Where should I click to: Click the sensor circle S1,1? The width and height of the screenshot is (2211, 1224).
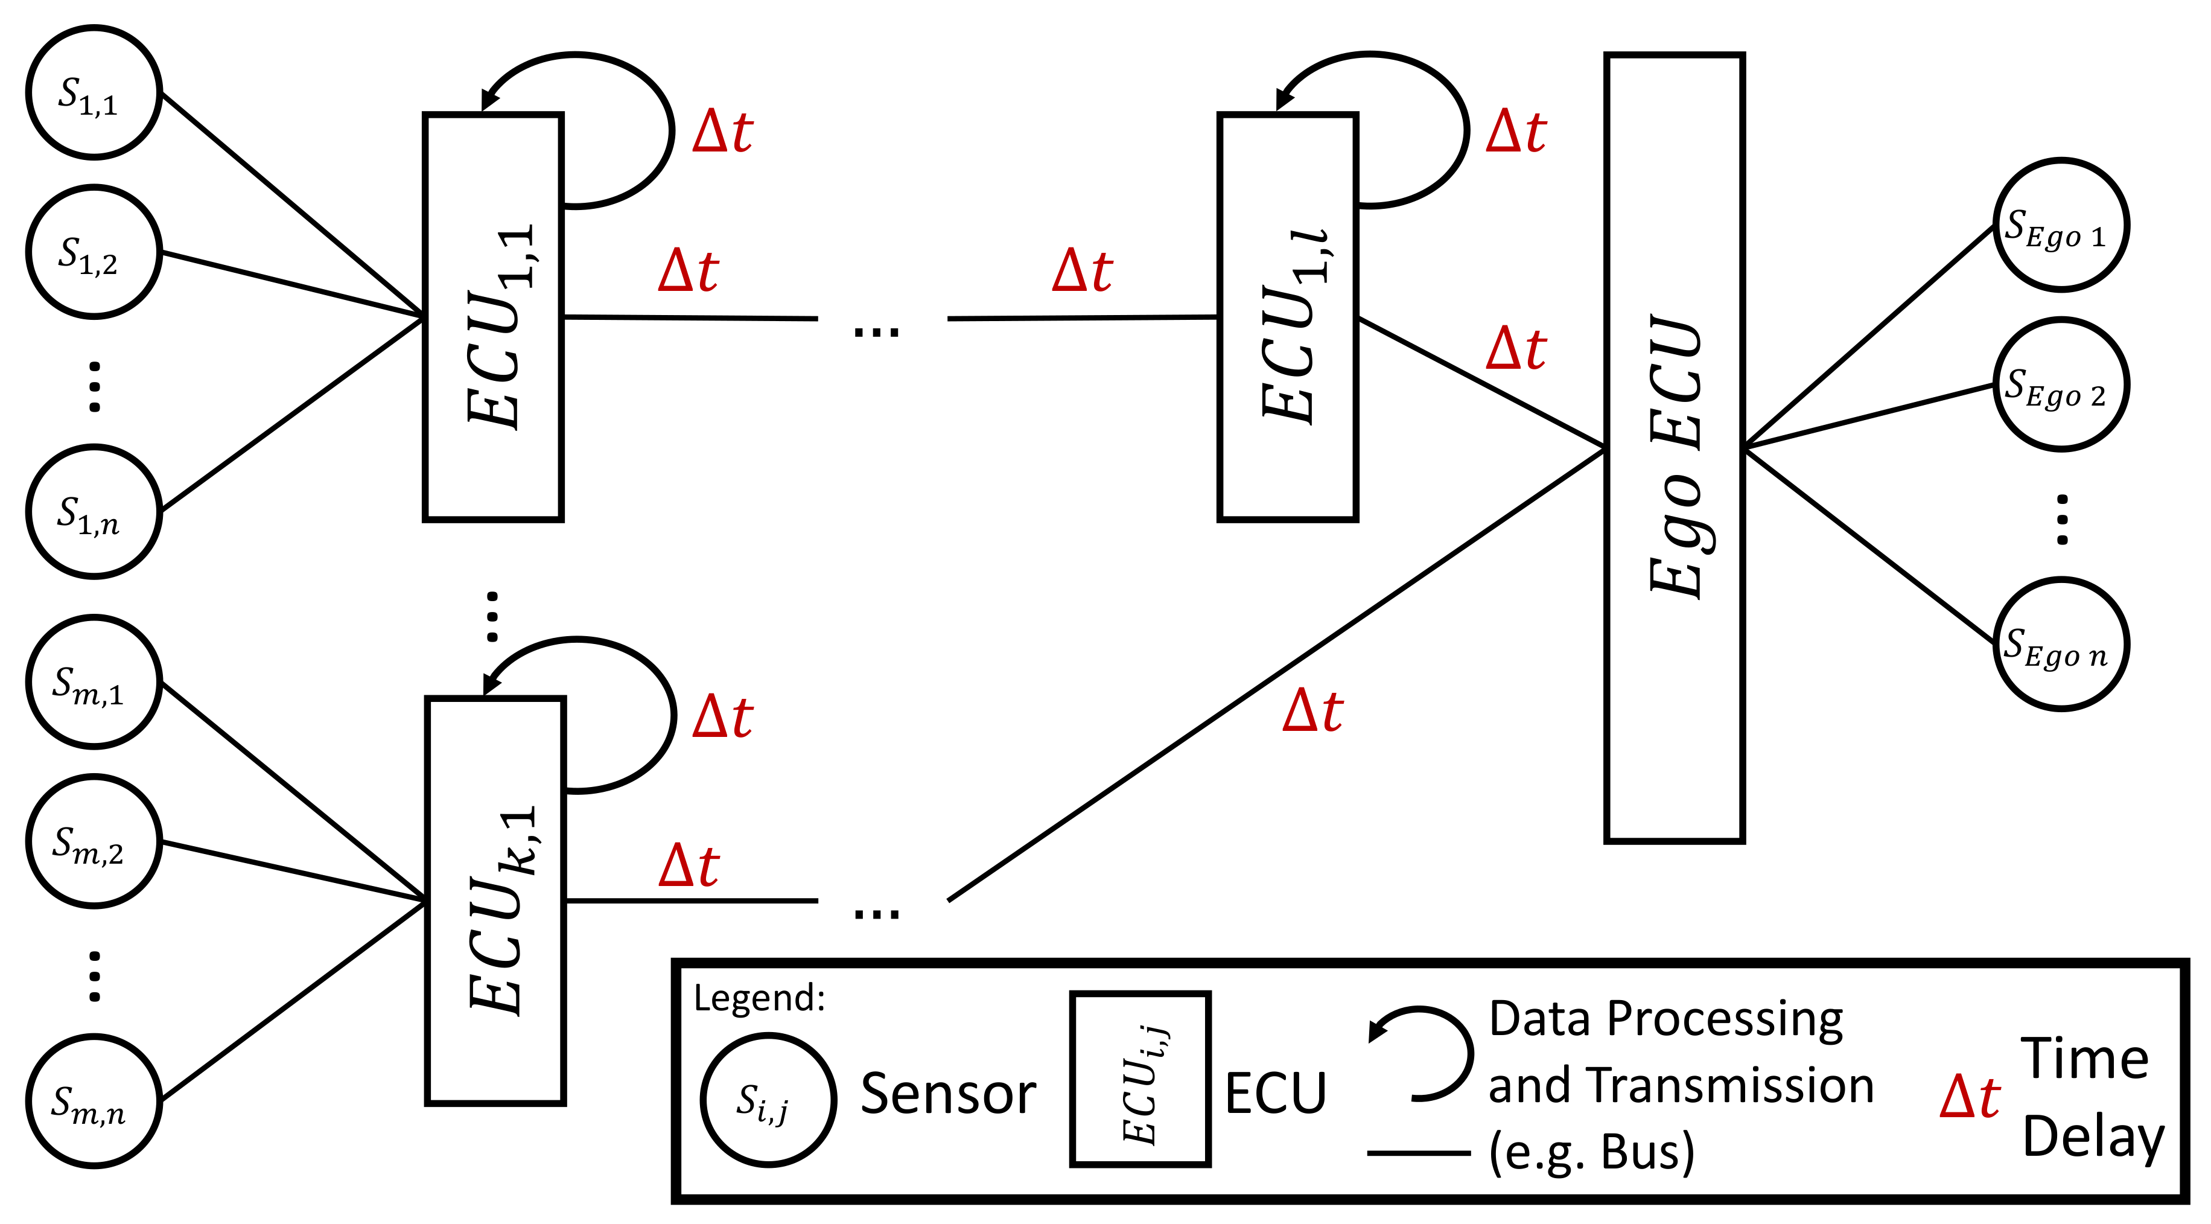point(94,93)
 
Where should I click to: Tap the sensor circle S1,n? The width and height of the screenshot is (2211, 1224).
point(94,512)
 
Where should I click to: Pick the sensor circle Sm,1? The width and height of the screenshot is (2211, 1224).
point(94,683)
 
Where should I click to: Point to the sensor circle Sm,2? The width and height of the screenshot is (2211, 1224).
point(94,842)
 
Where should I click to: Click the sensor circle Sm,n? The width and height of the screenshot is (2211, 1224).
point(94,1101)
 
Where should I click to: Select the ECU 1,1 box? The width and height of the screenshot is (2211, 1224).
point(494,317)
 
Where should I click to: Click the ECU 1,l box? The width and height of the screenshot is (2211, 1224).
point(1288,317)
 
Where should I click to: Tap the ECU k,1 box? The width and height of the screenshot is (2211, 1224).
point(495,901)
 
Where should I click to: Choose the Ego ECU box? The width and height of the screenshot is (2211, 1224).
point(1675,448)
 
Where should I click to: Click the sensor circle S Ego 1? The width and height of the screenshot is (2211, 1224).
point(2061,226)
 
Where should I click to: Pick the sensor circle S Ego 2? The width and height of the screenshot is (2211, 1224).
point(2061,384)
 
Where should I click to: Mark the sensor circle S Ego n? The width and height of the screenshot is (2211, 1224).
point(2061,645)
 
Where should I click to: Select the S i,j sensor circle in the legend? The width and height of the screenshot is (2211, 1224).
point(768,1100)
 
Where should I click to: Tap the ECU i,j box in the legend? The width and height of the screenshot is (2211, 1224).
point(1140,1080)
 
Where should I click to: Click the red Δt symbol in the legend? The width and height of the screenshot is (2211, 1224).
point(1970,1098)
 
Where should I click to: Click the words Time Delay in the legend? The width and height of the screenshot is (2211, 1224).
point(2091,1098)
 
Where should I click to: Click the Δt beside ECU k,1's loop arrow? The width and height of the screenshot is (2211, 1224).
point(723,718)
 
